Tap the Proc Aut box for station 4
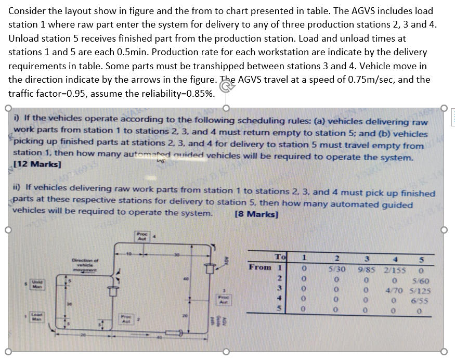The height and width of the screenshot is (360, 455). coord(141,237)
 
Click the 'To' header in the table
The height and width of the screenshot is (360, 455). coord(280,256)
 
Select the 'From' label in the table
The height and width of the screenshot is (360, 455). coord(260,267)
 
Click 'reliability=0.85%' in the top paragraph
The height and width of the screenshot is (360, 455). coord(173,94)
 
